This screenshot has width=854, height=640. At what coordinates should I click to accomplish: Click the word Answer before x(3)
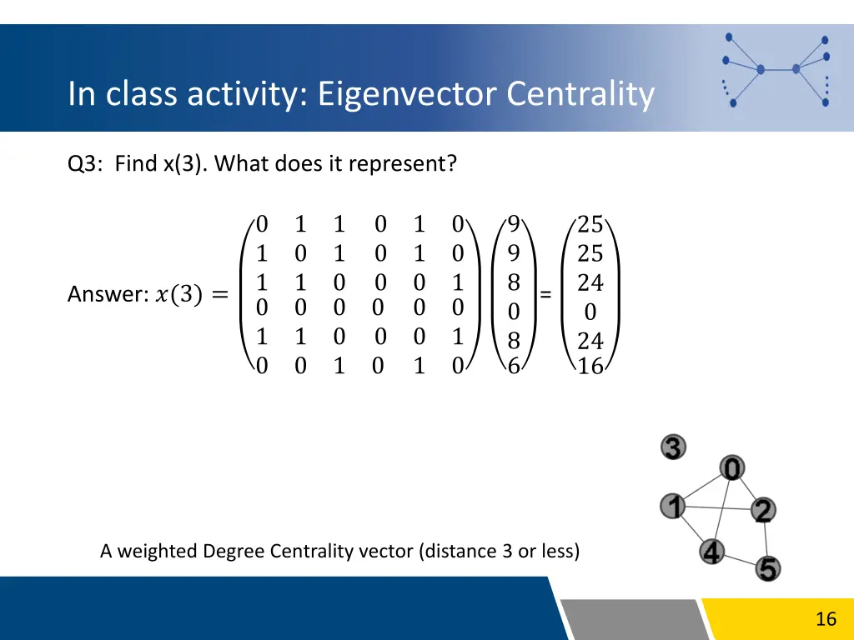107,294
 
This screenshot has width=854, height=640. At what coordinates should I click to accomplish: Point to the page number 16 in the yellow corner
826,618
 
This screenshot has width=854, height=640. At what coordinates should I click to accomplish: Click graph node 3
673,447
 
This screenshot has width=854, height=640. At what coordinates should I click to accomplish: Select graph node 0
731,469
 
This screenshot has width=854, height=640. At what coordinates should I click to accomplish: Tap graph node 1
673,506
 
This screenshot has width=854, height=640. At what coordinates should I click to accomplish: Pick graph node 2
762,510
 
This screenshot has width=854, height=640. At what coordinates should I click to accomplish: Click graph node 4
711,552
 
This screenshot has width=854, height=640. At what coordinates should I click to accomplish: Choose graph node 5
768,569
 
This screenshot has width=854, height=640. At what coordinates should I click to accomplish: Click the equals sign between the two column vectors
545,294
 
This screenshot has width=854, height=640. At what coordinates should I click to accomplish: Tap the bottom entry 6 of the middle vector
514,366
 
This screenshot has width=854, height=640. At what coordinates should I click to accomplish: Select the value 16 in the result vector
590,366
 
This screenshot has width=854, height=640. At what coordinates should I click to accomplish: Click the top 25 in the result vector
590,224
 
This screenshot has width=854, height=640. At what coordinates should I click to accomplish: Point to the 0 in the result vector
590,312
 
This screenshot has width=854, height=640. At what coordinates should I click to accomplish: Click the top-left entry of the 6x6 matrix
262,224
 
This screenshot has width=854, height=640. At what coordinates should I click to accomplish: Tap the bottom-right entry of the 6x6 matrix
457,366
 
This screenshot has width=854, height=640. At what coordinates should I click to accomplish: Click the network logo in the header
776,69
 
